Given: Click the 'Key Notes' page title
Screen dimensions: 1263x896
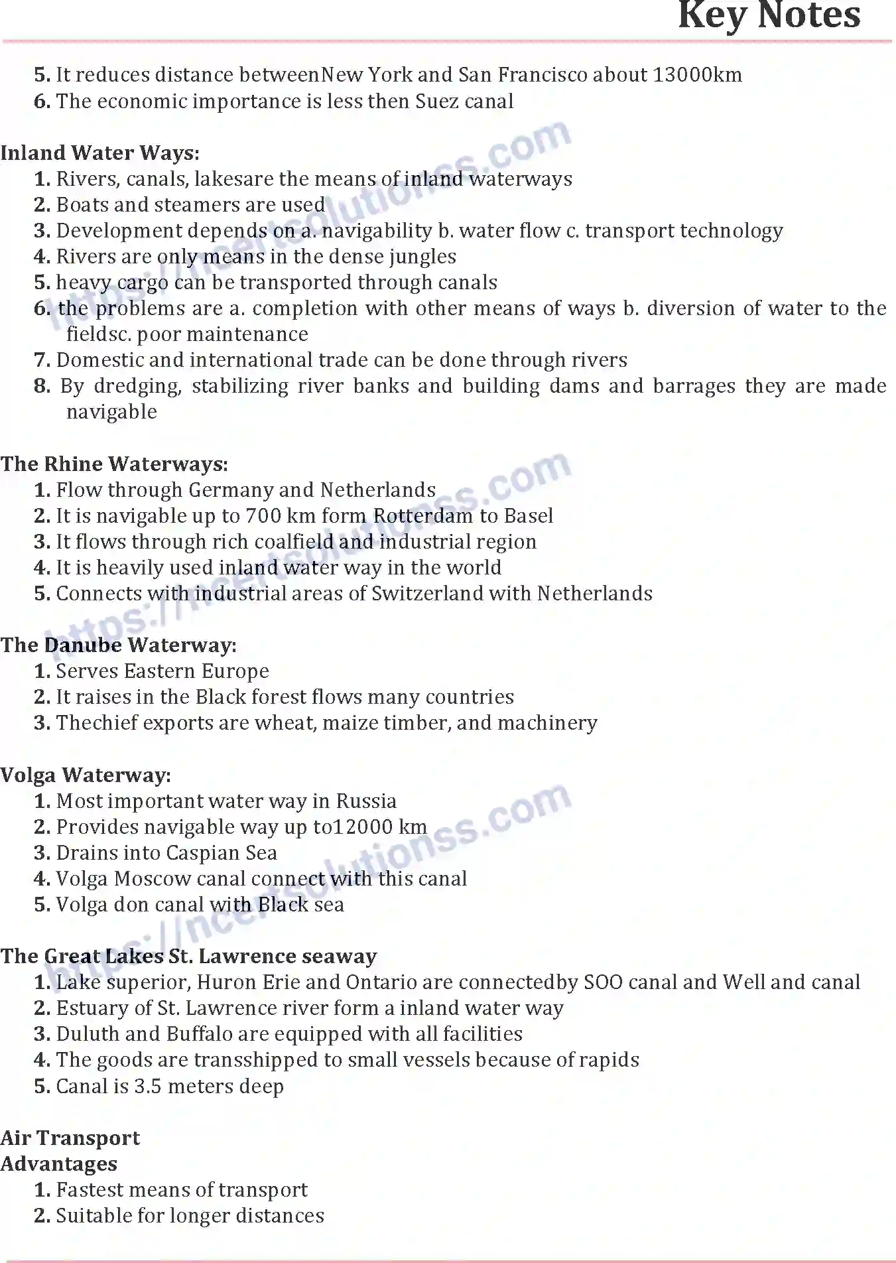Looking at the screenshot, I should [x=769, y=16].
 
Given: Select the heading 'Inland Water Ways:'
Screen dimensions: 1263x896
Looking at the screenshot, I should [x=99, y=153].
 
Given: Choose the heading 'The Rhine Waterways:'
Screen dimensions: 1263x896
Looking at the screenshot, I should [x=114, y=464].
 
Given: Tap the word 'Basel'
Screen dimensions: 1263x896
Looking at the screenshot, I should [x=529, y=516].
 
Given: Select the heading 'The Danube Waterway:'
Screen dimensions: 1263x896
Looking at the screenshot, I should [x=118, y=645].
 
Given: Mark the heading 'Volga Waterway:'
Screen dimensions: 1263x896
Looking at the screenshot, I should [x=86, y=775].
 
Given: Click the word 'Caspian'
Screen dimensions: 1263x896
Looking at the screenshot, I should [x=203, y=853].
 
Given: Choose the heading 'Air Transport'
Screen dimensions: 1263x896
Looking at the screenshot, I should [x=70, y=1138].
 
